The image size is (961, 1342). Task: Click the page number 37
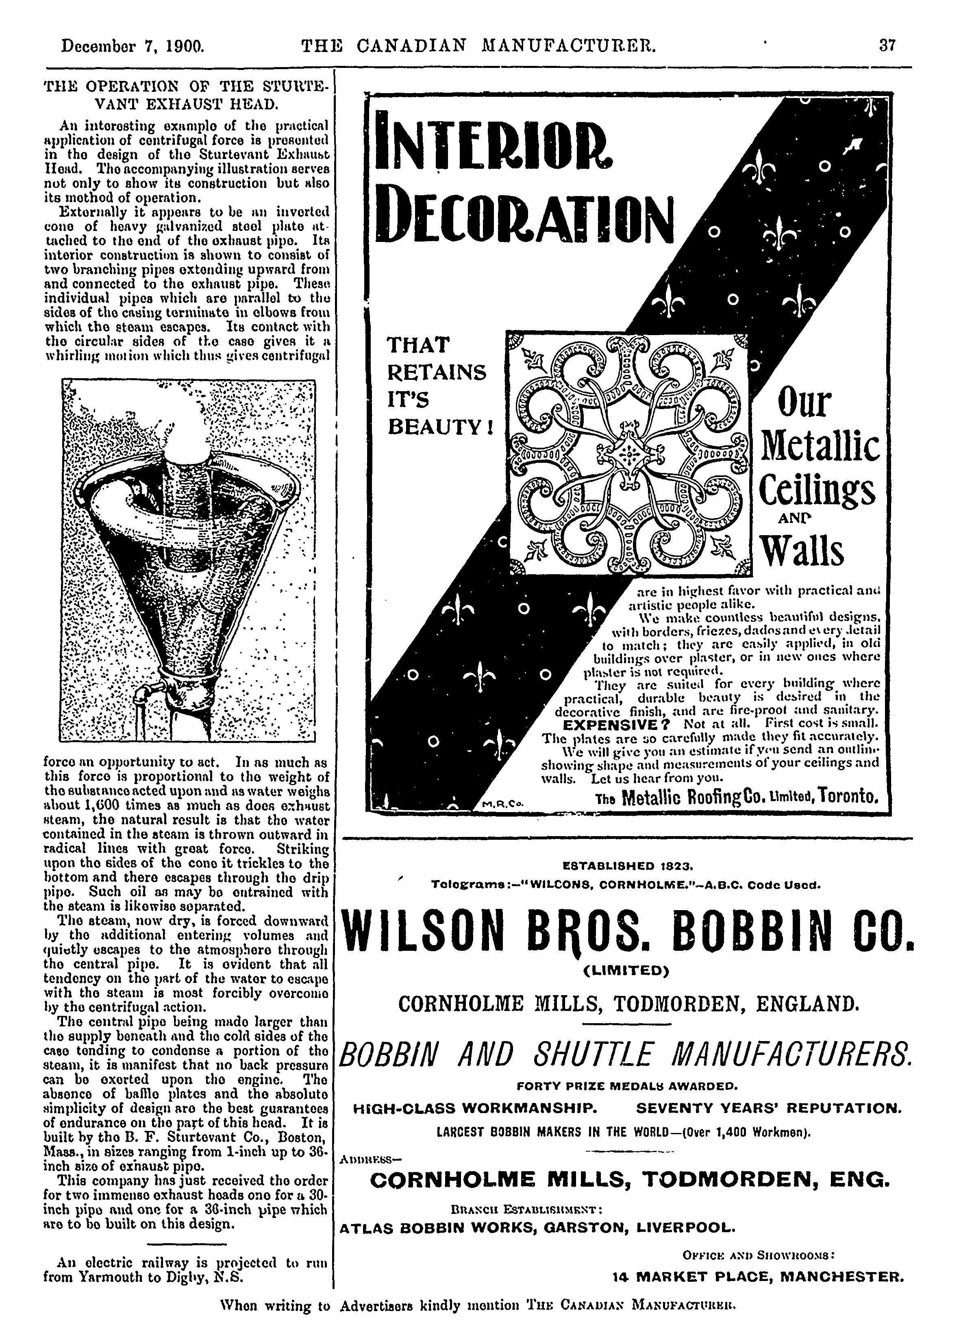point(887,46)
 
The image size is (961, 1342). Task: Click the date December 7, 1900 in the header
point(133,46)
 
